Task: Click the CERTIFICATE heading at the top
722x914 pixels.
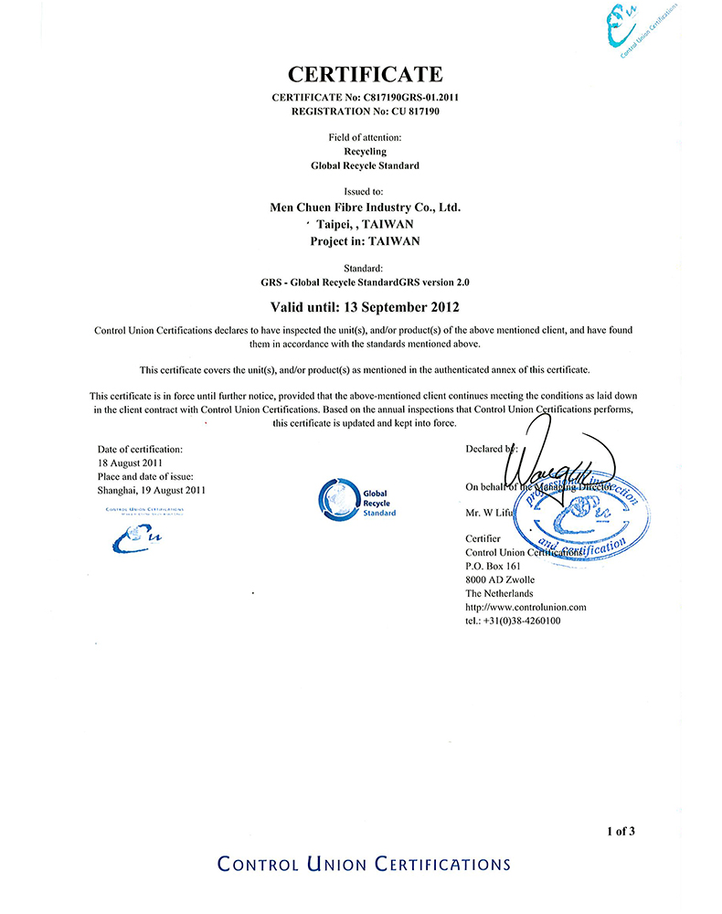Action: (365, 74)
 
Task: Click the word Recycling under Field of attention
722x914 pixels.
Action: (365, 151)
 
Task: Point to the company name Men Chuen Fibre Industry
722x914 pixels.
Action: (365, 207)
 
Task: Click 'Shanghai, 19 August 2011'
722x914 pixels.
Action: (151, 490)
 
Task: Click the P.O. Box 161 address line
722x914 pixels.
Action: (493, 567)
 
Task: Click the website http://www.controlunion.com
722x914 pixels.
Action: (526, 607)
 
